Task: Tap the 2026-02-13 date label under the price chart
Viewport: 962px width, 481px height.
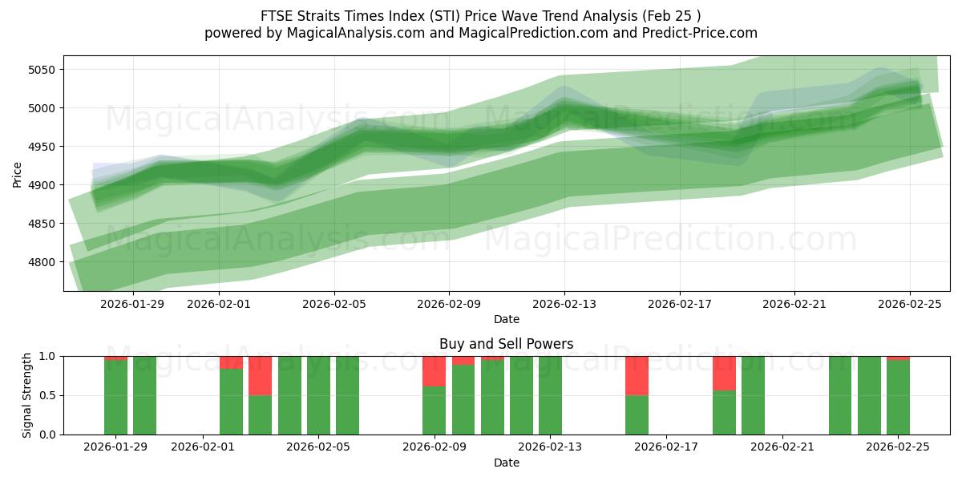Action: [564, 304]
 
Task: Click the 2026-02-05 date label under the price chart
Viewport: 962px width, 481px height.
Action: [334, 304]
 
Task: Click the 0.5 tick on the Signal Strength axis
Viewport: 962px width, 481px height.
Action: [47, 395]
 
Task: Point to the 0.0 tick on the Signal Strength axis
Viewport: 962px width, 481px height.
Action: [47, 435]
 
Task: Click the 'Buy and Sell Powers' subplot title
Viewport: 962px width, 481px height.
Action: [506, 344]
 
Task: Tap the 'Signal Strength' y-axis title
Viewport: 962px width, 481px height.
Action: [27, 395]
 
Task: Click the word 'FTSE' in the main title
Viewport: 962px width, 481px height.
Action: [277, 16]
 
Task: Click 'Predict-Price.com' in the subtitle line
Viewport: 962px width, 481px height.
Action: [695, 33]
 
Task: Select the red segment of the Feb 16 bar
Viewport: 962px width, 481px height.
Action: [637, 375]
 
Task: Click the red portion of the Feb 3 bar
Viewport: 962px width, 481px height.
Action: [260, 375]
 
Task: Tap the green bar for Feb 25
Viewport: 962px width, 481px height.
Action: [898, 398]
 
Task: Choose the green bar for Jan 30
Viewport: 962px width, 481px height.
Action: [144, 395]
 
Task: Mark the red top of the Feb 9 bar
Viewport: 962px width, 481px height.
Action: [434, 371]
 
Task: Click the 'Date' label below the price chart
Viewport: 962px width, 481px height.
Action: [506, 319]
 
